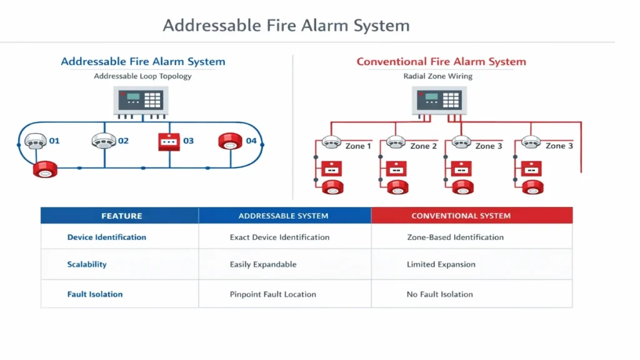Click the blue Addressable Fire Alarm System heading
pyautogui.click(x=142, y=62)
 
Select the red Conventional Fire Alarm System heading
pyautogui.click(x=441, y=62)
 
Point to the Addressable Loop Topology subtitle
pyautogui.click(x=142, y=76)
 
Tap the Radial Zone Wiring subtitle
pyautogui.click(x=437, y=76)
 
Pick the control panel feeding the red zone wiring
pyautogui.click(x=439, y=101)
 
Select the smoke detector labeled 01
pyautogui.click(x=36, y=141)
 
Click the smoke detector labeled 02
pyautogui.click(x=104, y=141)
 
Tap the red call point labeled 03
pyautogui.click(x=169, y=142)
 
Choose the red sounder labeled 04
pyautogui.click(x=230, y=141)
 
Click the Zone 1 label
pyautogui.click(x=358, y=146)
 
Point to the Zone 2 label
pyautogui.click(x=423, y=146)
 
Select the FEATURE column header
pyautogui.click(x=121, y=216)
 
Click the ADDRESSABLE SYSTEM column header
pyautogui.click(x=283, y=216)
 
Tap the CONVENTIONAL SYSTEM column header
pyautogui.click(x=461, y=216)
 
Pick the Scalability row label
pyautogui.click(x=87, y=264)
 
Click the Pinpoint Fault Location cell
pyautogui.click(x=272, y=294)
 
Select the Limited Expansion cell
pyautogui.click(x=441, y=264)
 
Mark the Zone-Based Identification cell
pyautogui.click(x=455, y=237)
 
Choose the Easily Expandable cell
pyautogui.click(x=262, y=264)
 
